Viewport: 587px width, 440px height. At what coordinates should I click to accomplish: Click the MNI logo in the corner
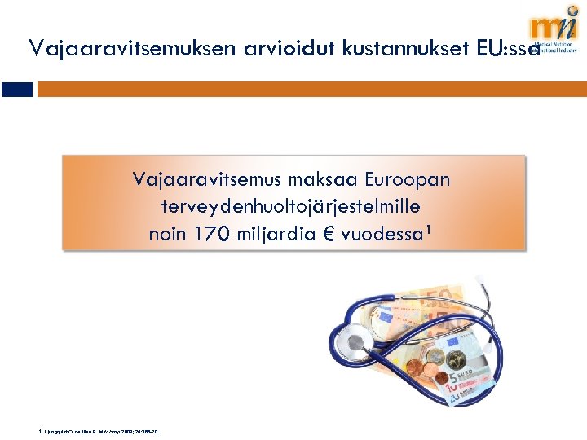[x=554, y=33]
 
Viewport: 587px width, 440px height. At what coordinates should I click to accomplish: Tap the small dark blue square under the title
[x=16, y=90]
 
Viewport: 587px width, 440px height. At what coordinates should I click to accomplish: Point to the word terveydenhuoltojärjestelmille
[x=291, y=205]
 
